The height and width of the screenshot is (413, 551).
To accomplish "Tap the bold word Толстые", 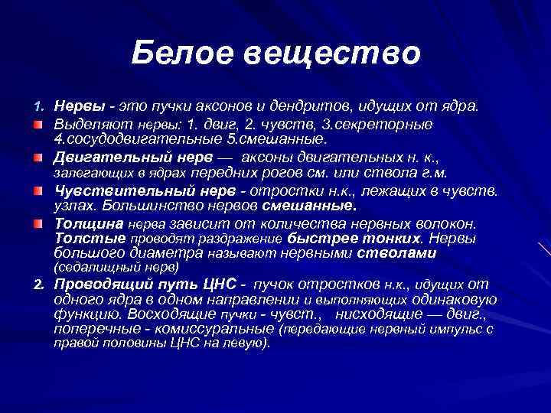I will [85, 239].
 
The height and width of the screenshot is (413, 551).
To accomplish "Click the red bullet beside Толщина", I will [37, 224].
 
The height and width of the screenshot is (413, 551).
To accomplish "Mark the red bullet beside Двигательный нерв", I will [37, 158].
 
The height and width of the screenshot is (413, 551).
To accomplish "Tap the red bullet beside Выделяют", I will [37, 123].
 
